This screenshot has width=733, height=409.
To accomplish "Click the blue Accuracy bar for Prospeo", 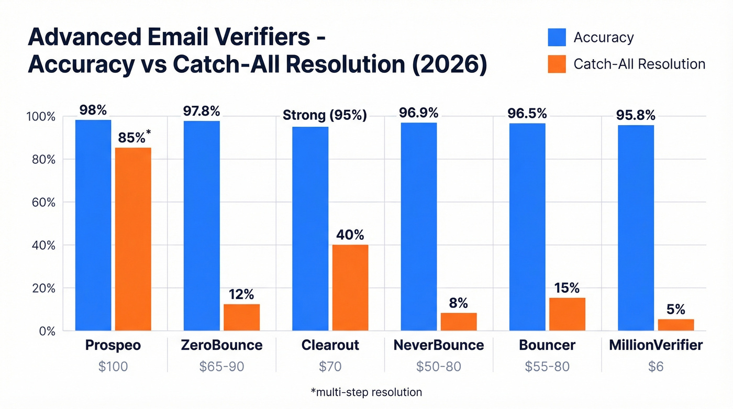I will pyautogui.click(x=93, y=225).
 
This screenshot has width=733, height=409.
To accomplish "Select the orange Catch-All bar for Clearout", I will pyautogui.click(x=350, y=288).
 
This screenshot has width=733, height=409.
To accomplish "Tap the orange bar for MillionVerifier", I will pyautogui.click(x=676, y=325).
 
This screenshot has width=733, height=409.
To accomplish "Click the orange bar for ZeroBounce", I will pyautogui.click(x=241, y=317).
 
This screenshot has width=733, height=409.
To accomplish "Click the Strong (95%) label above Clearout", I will pyautogui.click(x=325, y=115).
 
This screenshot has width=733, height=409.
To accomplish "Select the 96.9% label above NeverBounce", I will pyautogui.click(x=419, y=113).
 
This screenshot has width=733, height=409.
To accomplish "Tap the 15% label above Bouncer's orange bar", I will pyautogui.click(x=568, y=288).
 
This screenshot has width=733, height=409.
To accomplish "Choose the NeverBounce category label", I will pyautogui.click(x=439, y=346).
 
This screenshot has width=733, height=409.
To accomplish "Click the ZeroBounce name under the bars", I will pyautogui.click(x=221, y=346).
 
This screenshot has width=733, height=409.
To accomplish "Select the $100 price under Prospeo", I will pyautogui.click(x=113, y=367).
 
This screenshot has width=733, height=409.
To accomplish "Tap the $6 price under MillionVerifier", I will pyautogui.click(x=656, y=367).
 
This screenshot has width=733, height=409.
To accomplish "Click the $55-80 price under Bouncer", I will pyautogui.click(x=547, y=367).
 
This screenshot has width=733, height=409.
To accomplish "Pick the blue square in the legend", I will pyautogui.click(x=557, y=38).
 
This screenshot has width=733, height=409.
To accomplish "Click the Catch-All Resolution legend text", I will pyautogui.click(x=639, y=64).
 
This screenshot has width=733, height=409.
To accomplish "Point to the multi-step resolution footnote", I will pyautogui.click(x=366, y=392).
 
